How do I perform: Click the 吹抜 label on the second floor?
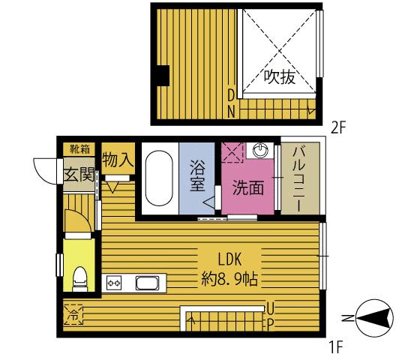click(x=278, y=76)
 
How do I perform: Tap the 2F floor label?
click(x=339, y=127)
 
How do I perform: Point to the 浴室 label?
click(x=198, y=177)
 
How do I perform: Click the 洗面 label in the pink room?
click(x=247, y=187)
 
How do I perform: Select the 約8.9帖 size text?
click(x=229, y=280)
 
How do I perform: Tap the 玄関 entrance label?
click(x=79, y=177)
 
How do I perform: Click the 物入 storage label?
click(x=117, y=160)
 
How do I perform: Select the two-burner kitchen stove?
click(x=115, y=283)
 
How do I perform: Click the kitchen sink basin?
click(x=147, y=283)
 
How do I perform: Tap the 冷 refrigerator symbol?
click(x=73, y=313)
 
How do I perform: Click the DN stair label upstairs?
click(x=232, y=102)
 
